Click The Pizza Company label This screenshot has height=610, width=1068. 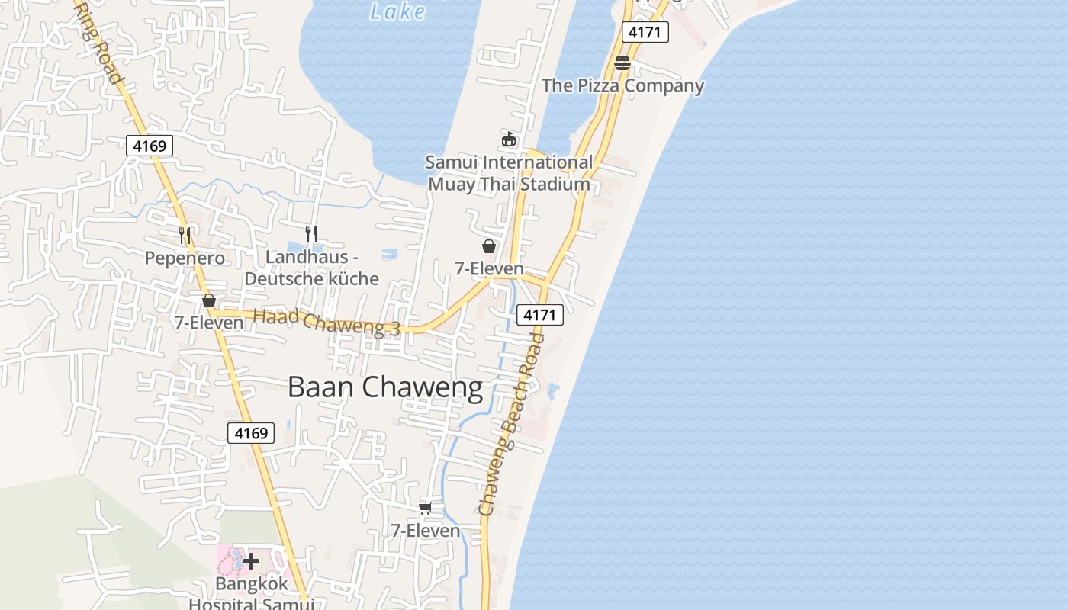coord(622,85)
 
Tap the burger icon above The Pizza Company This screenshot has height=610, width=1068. coord(622,63)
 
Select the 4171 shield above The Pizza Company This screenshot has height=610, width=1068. coord(645,32)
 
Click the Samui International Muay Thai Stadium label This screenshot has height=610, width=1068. coord(509,173)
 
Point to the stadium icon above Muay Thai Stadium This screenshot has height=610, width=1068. coord(509,139)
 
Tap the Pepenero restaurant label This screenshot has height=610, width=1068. coord(185,258)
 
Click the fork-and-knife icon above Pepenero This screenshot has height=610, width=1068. coord(185,235)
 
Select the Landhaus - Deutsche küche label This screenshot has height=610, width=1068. coord(311,268)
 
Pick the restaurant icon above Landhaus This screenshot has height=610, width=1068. coord(310,233)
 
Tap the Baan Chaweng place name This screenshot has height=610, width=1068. coord(385,387)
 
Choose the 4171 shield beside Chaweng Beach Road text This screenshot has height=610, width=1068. coord(540,314)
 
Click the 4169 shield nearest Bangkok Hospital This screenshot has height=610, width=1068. coord(251,433)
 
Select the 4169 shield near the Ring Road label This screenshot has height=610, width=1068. coord(150,146)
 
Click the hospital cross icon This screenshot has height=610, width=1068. coord(251,562)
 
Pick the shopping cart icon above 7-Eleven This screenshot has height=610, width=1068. coord(426,508)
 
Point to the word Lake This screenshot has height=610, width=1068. coord(397,11)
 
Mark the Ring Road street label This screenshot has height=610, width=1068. coord(99,42)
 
